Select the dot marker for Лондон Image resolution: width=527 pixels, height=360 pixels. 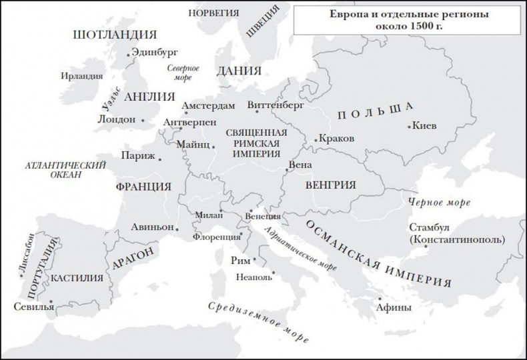[143, 120]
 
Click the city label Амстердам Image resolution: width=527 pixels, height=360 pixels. [209, 106]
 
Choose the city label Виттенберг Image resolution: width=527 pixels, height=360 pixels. [275, 105]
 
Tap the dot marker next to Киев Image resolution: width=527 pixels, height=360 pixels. [409, 125]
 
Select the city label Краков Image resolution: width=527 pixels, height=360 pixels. [337, 139]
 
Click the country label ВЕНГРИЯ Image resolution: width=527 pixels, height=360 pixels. [330, 185]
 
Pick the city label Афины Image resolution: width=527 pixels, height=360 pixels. [394, 308]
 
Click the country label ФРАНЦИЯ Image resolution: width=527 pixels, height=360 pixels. [141, 186]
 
